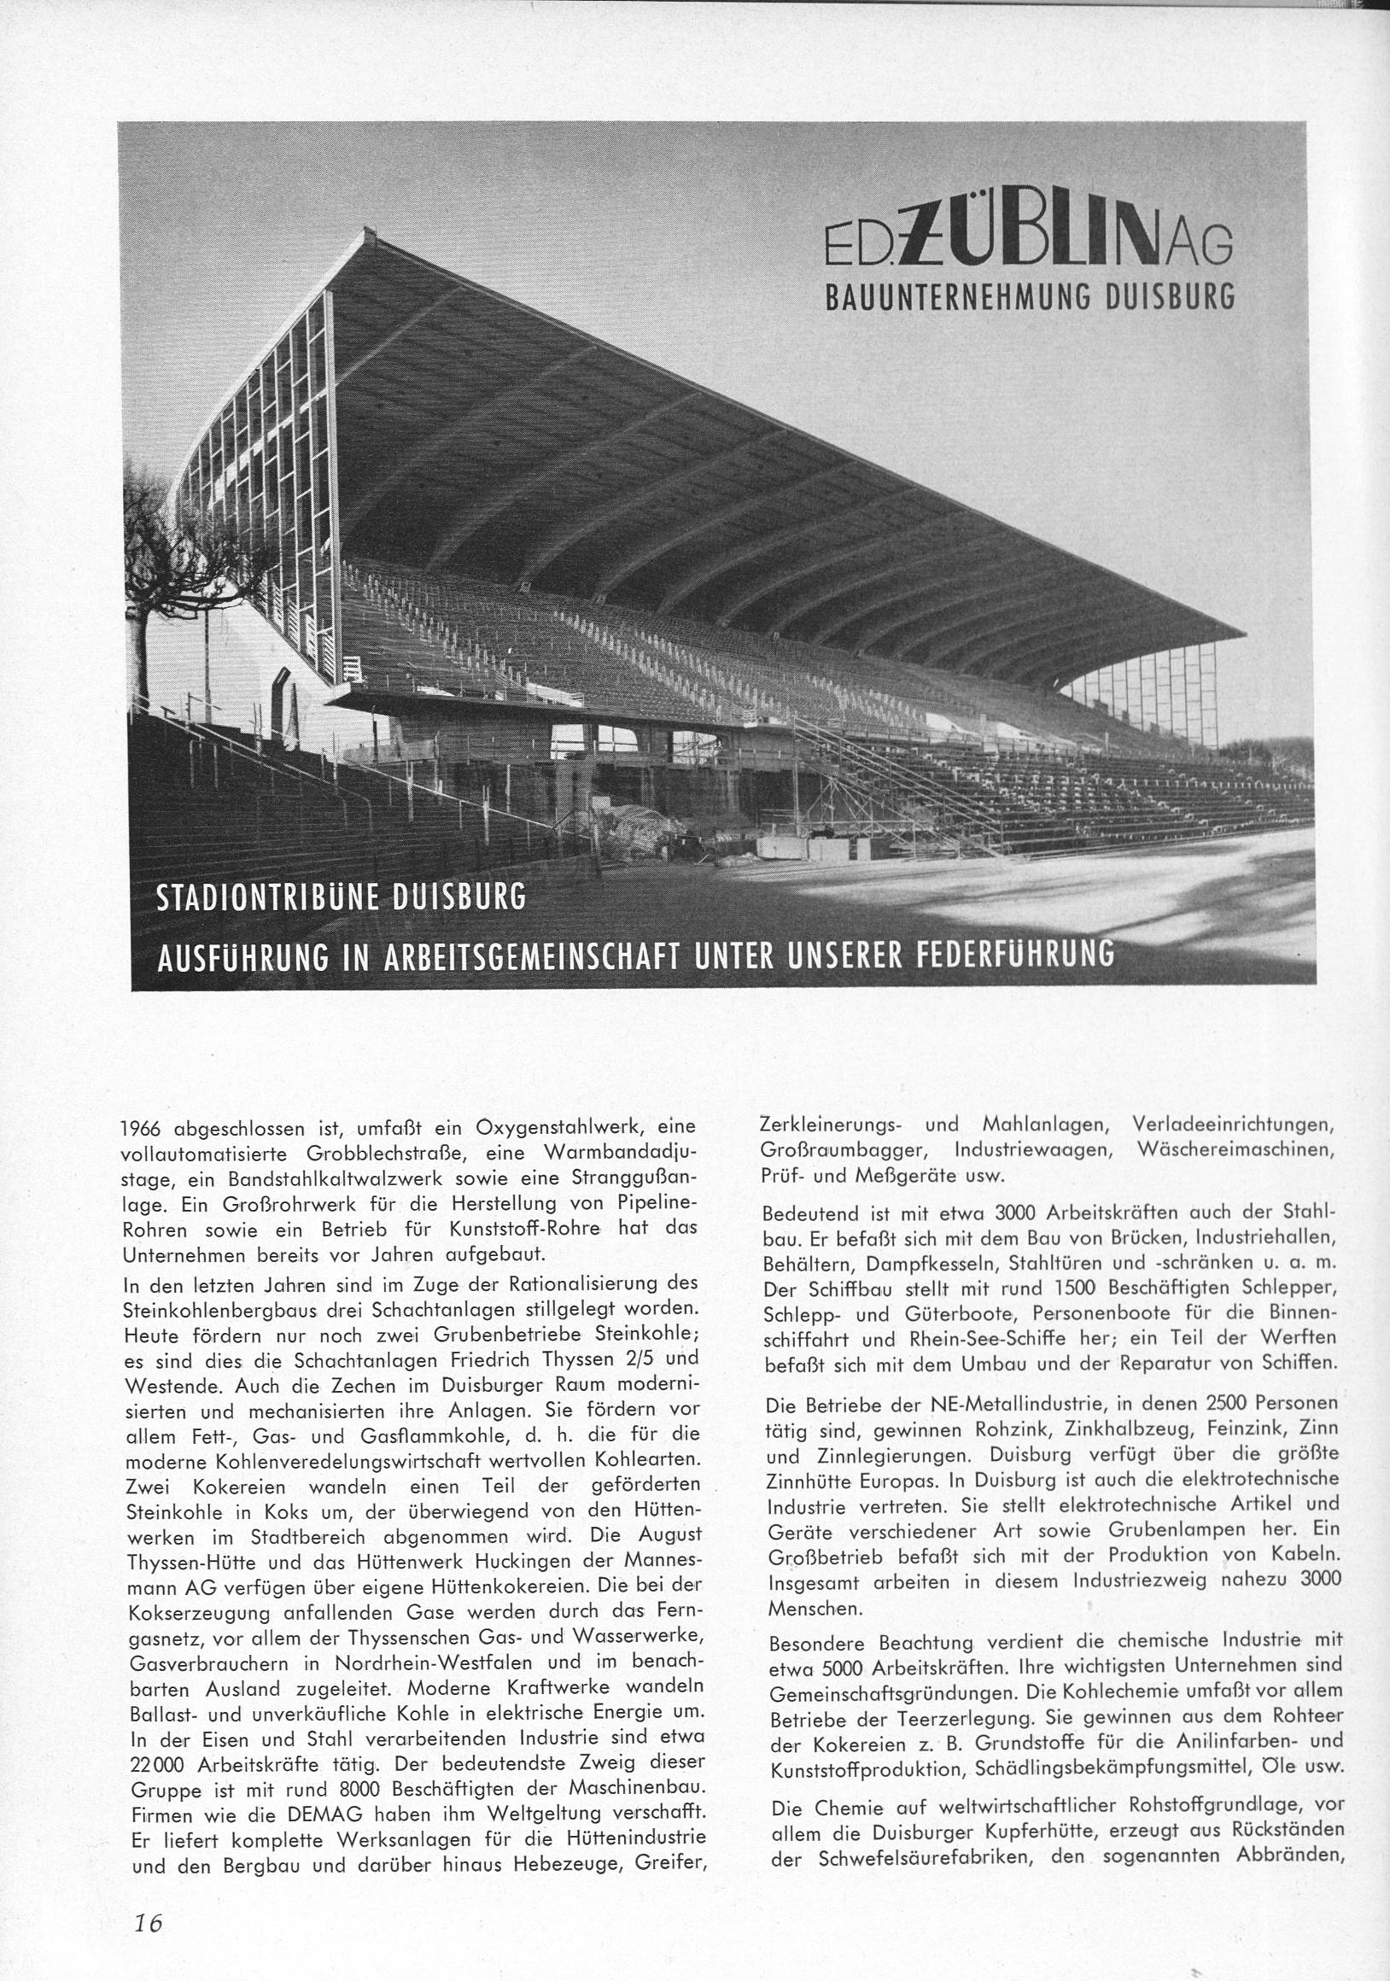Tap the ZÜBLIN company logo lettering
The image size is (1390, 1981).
click(x=1027, y=244)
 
